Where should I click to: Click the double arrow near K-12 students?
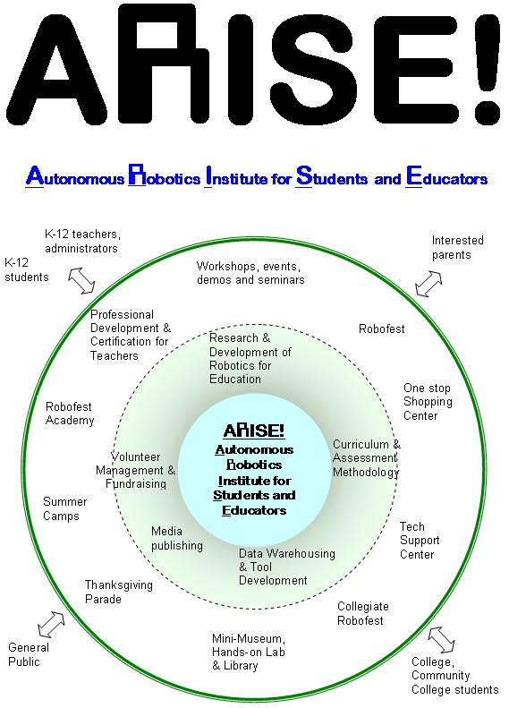(81, 280)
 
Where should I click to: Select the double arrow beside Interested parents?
(428, 284)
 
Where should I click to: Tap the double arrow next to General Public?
(51, 625)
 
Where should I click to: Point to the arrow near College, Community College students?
(441, 640)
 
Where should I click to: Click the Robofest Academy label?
(70, 414)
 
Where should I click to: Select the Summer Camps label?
(65, 509)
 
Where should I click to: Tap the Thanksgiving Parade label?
(119, 592)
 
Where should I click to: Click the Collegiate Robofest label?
(363, 614)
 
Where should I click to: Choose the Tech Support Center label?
(420, 541)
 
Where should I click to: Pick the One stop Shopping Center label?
(428, 402)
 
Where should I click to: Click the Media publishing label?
(177, 538)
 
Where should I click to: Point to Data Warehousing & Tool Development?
(287, 567)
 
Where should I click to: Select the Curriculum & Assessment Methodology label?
(367, 458)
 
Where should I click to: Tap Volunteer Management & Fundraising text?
(135, 471)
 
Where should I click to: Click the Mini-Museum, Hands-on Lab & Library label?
(249, 652)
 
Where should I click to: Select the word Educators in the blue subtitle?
(446, 177)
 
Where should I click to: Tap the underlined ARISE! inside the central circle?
(254, 431)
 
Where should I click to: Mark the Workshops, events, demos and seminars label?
(250, 273)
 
